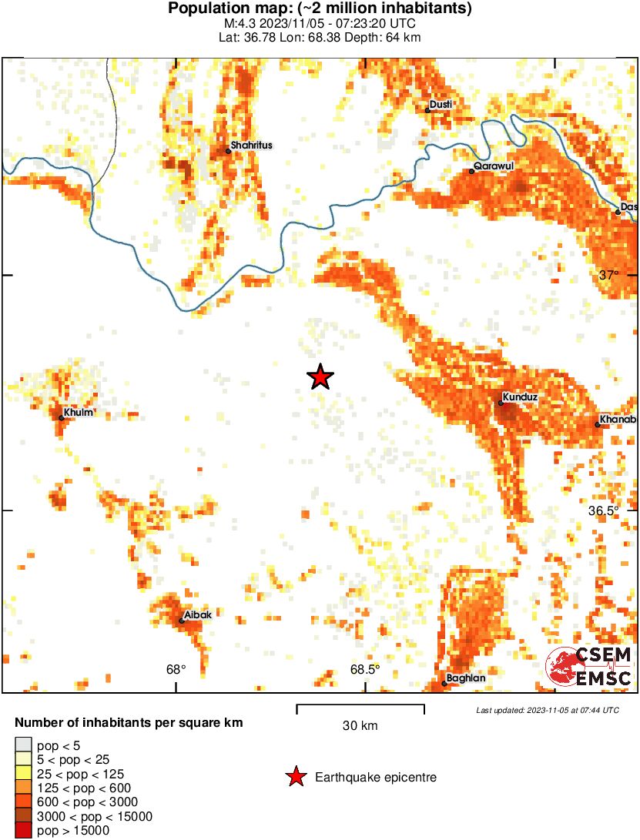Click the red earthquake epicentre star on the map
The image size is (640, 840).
(320, 376)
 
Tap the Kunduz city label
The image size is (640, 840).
(521, 397)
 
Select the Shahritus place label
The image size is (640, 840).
(252, 145)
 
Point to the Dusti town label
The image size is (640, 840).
(441, 104)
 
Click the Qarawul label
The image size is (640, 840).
(494, 166)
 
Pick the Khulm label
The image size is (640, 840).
(79, 412)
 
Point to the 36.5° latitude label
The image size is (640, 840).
(604, 510)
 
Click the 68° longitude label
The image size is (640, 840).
(176, 669)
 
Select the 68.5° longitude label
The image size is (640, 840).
(365, 669)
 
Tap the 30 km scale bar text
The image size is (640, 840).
(360, 725)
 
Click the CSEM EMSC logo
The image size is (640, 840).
(590, 667)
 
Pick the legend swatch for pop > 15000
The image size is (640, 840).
(24, 830)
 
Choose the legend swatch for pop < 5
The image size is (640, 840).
(24, 745)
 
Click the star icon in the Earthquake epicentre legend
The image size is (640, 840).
(296, 778)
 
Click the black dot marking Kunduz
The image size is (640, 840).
(501, 403)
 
